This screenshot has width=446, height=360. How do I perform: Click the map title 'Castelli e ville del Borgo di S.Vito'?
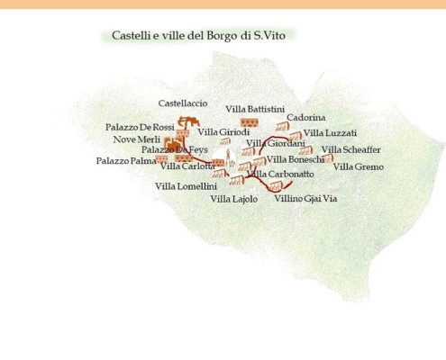(198, 36)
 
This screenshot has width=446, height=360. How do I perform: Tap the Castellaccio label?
(182, 103)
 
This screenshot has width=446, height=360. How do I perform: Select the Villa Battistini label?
(255, 109)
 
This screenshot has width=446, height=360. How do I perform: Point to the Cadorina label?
(306, 118)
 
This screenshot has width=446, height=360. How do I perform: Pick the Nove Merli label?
(136, 140)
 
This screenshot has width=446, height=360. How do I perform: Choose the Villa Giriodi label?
(223, 133)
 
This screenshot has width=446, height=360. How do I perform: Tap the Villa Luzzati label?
(330, 133)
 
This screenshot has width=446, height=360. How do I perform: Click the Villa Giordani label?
(276, 143)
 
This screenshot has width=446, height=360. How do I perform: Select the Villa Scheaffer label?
(350, 149)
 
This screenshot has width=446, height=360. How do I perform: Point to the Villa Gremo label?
(358, 166)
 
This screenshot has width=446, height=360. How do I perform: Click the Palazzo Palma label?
(126, 161)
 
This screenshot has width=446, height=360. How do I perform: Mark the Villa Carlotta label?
(187, 166)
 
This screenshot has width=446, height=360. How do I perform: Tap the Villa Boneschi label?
(295, 159)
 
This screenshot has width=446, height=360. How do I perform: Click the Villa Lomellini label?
(186, 186)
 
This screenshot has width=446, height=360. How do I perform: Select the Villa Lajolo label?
(234, 199)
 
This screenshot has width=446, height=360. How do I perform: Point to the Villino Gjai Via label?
(305, 198)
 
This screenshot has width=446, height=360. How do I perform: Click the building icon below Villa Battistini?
(250, 121)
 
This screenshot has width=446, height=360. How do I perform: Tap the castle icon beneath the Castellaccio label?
(189, 121)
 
